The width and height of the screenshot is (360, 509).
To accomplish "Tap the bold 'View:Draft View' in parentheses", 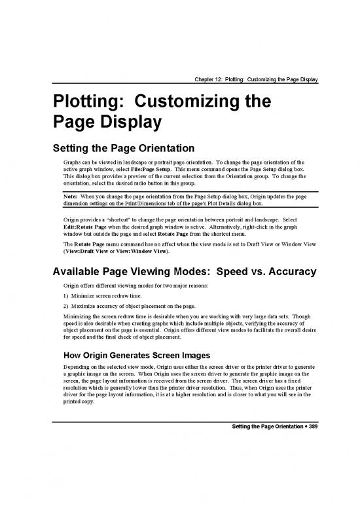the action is [x=87, y=250].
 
